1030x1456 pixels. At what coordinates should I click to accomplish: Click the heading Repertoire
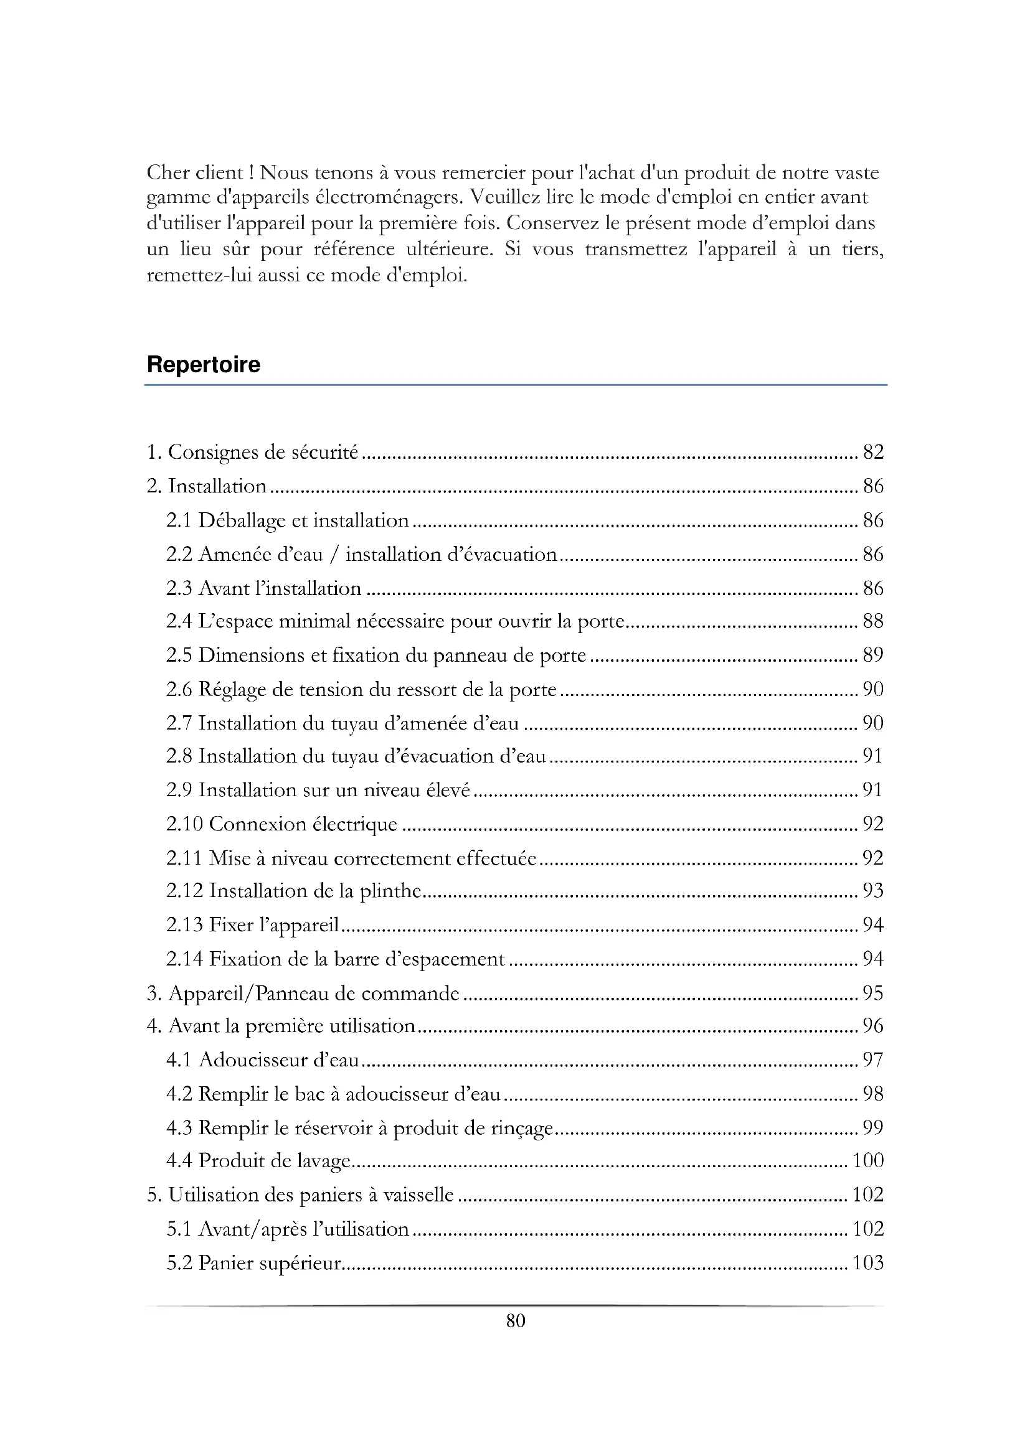pyautogui.click(x=203, y=365)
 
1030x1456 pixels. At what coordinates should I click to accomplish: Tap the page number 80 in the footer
pyautogui.click(x=516, y=1321)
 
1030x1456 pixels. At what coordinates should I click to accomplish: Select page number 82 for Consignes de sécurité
pyautogui.click(x=872, y=452)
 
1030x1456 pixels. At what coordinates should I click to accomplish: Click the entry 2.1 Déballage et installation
pyautogui.click(x=287, y=520)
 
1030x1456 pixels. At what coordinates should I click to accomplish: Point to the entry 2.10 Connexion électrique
pyautogui.click(x=281, y=824)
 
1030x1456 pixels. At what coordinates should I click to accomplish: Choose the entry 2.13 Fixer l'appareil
pyautogui.click(x=252, y=925)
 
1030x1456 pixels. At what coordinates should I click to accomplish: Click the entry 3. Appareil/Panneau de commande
pyautogui.click(x=303, y=993)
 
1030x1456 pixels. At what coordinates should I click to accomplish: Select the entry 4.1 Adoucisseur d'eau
pyautogui.click(x=263, y=1059)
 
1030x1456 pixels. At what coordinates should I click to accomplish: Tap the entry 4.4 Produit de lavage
pyautogui.click(x=258, y=1160)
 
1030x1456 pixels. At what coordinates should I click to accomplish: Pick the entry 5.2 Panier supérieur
pyautogui.click(x=253, y=1262)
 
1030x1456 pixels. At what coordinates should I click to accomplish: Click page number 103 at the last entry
pyautogui.click(x=867, y=1262)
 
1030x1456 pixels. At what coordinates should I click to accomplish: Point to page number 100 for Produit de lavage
pyautogui.click(x=867, y=1160)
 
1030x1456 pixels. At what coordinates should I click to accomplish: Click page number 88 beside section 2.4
pyautogui.click(x=872, y=621)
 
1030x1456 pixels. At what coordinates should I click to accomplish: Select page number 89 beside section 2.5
pyautogui.click(x=872, y=655)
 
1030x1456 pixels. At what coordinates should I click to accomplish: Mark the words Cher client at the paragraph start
pyautogui.click(x=195, y=172)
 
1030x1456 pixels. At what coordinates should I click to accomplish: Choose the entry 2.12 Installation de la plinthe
pyautogui.click(x=294, y=891)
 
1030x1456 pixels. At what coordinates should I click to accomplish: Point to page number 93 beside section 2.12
pyautogui.click(x=872, y=891)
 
